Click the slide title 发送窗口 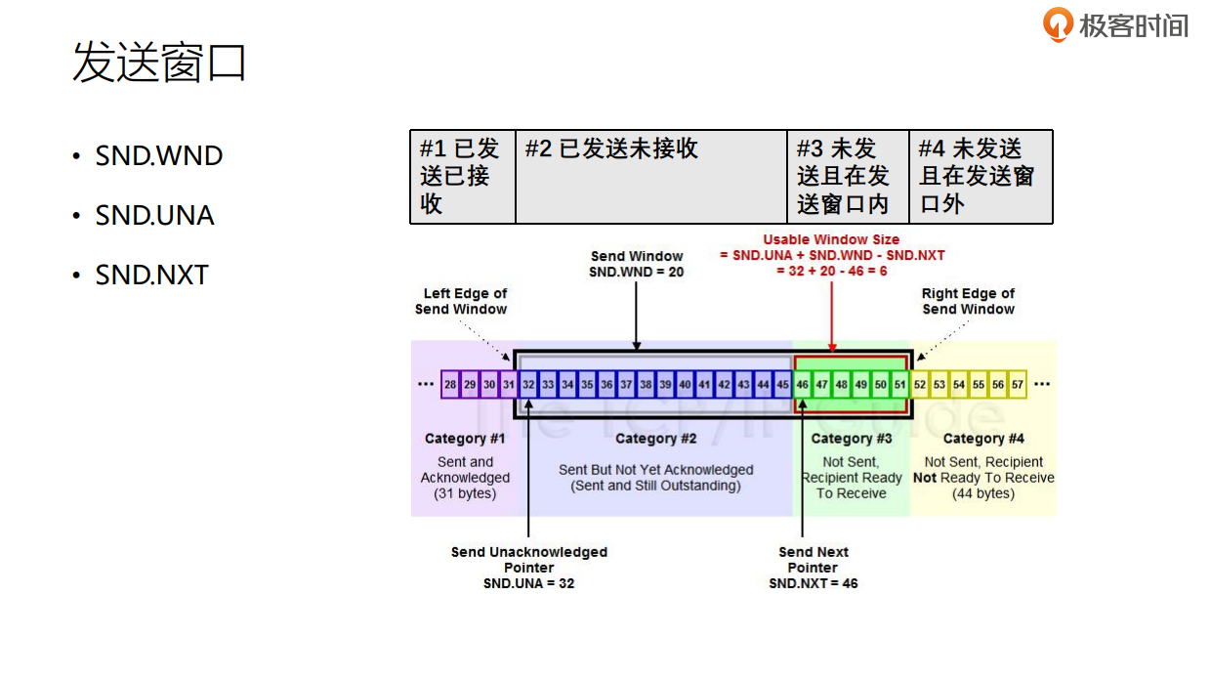tap(159, 64)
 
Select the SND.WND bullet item tap(158, 156)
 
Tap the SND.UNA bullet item tap(154, 216)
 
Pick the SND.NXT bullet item tap(151, 276)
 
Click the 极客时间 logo tap(1115, 24)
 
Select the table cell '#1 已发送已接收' tap(462, 177)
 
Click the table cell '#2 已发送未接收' tap(650, 177)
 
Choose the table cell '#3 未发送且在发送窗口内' tap(848, 177)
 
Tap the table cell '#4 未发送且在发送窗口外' tap(981, 177)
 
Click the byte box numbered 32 tap(528, 385)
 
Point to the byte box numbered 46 tap(803, 385)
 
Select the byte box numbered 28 tap(450, 385)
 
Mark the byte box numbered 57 tap(1018, 385)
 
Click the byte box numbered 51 tap(900, 385)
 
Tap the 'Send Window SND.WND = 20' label tap(637, 264)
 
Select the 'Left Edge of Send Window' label tap(462, 301)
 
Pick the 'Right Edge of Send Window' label tap(968, 301)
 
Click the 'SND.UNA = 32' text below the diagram tap(528, 583)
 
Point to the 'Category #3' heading tap(852, 439)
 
